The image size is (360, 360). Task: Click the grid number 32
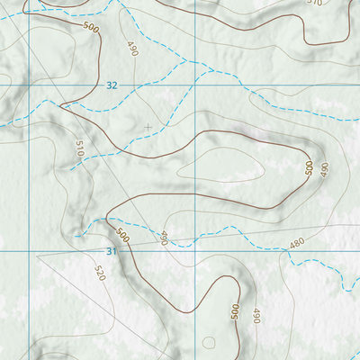[112, 85]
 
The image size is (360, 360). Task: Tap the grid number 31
[112, 251]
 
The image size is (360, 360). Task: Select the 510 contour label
[78, 149]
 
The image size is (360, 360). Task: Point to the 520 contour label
[99, 272]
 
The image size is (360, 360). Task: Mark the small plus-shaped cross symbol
[148, 127]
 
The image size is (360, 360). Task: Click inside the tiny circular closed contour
[209, 343]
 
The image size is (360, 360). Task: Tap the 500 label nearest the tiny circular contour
[235, 311]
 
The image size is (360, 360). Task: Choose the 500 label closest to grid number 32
[91, 29]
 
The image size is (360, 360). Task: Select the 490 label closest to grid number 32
[132, 49]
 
